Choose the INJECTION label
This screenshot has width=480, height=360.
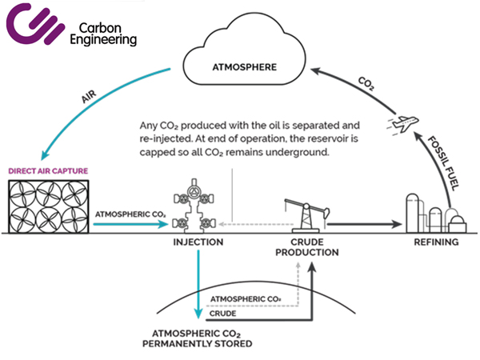[x=197, y=240]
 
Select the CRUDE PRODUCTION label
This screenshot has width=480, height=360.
[x=307, y=246]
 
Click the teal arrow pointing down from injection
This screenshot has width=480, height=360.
[x=198, y=288]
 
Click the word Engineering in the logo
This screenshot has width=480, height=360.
[x=103, y=38]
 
